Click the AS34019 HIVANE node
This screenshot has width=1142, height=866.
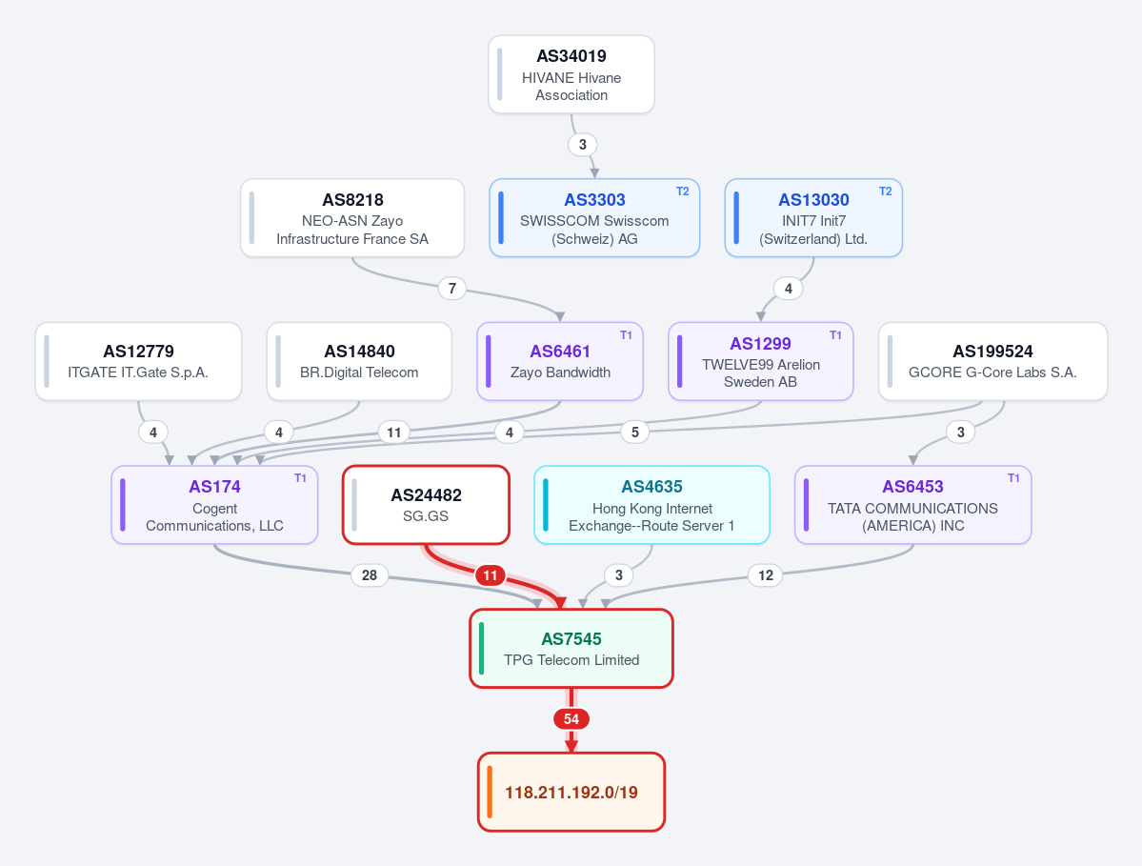(571, 74)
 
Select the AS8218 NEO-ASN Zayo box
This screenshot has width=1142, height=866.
(352, 218)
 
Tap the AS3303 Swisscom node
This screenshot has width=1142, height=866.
(594, 218)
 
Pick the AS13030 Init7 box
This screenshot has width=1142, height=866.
(813, 218)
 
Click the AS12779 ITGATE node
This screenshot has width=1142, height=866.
(138, 361)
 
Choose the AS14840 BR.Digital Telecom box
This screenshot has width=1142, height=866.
(359, 361)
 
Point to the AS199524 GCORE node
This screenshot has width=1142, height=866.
(992, 361)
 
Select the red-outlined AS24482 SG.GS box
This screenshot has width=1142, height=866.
(426, 505)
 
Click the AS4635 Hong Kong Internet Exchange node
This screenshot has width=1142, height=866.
(651, 505)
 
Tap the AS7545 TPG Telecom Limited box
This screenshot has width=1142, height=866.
(571, 648)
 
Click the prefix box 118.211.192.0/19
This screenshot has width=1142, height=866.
(571, 792)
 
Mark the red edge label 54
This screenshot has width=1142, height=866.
(571, 719)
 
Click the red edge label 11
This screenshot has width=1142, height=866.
(491, 575)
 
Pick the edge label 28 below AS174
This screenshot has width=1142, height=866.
(370, 575)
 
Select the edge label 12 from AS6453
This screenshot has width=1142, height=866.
(766, 575)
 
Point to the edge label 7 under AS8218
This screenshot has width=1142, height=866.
(452, 289)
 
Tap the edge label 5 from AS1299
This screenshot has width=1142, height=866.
(635, 432)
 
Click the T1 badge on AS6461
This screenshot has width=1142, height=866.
(626, 335)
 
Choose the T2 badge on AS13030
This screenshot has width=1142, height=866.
(885, 191)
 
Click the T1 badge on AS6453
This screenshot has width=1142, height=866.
(1013, 478)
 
